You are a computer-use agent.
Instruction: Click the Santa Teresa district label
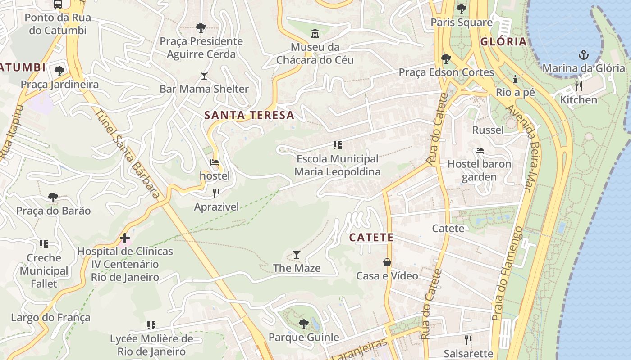(x=249, y=115)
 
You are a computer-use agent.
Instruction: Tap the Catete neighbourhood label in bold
(x=371, y=237)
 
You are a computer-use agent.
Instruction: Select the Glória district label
(x=503, y=42)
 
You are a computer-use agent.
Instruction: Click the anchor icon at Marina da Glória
(x=584, y=55)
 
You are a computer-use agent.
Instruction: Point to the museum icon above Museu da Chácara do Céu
(x=315, y=33)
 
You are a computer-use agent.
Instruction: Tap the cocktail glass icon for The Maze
(x=296, y=255)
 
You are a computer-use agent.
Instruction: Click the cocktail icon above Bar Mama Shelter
(x=204, y=75)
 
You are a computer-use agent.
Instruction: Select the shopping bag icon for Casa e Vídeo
(x=387, y=262)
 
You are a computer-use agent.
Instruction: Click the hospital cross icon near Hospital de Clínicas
(x=125, y=238)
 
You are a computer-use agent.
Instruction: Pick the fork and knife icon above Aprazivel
(x=216, y=193)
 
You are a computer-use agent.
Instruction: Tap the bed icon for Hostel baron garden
(x=479, y=151)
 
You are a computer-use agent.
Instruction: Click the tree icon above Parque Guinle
(x=304, y=324)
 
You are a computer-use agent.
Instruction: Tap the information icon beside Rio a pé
(x=515, y=80)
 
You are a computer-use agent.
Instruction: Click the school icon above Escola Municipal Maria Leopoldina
(x=337, y=145)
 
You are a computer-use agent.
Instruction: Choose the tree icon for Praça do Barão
(x=53, y=197)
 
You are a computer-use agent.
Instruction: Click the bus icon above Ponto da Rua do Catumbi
(x=58, y=4)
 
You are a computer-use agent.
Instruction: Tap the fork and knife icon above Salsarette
(x=468, y=340)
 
